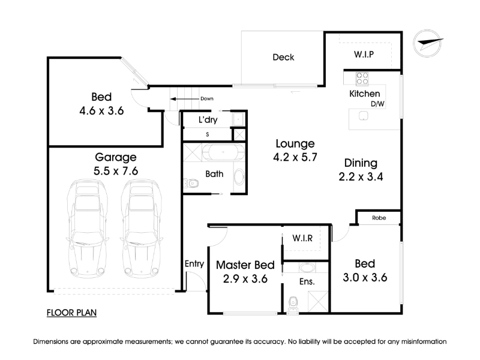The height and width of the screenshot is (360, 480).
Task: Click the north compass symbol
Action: [x=428, y=43]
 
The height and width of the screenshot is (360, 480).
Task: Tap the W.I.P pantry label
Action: [x=364, y=55]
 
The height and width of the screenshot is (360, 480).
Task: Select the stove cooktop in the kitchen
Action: [x=362, y=79]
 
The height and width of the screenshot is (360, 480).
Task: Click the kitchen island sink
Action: [x=364, y=116]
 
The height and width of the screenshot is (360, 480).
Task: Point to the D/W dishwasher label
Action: [x=377, y=104]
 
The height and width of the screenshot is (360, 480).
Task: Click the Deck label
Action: [x=283, y=57]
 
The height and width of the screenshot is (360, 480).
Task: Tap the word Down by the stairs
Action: [x=207, y=98]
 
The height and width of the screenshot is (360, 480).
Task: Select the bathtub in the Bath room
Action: [x=223, y=152]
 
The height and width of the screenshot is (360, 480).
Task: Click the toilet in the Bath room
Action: [x=191, y=184]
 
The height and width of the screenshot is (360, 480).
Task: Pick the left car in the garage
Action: [x=88, y=229]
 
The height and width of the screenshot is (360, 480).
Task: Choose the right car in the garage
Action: [x=142, y=229]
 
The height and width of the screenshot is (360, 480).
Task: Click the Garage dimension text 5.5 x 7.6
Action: [x=116, y=171]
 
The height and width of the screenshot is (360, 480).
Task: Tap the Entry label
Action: [x=194, y=263]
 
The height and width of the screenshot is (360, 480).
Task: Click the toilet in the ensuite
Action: [x=293, y=303]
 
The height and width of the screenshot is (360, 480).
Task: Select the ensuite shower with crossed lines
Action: [x=318, y=301]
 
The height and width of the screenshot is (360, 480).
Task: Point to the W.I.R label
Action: [x=302, y=238]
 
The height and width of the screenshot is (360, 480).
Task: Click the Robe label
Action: [x=379, y=218]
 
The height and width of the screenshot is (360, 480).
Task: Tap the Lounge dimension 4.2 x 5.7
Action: [x=295, y=157]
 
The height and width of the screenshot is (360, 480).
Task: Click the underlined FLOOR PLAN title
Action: [x=71, y=313]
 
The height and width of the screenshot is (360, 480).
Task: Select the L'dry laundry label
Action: [x=208, y=119]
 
